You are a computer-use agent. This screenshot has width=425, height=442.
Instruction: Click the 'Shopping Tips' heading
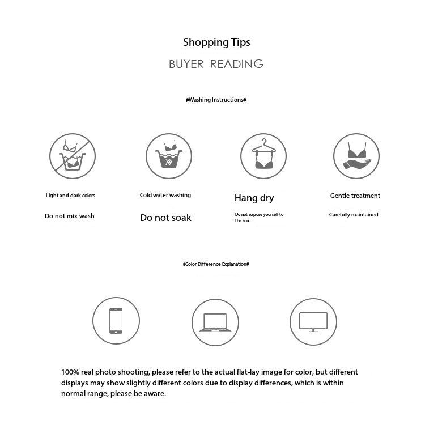click(x=216, y=42)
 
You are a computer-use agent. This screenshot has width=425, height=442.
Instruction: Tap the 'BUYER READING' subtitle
click(x=216, y=64)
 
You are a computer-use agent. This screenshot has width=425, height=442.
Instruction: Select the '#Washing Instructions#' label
click(x=216, y=100)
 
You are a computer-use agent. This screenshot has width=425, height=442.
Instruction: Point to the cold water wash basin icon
click(x=168, y=155)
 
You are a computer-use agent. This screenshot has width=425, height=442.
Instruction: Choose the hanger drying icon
click(x=263, y=155)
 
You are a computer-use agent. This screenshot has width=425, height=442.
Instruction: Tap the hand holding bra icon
click(x=356, y=155)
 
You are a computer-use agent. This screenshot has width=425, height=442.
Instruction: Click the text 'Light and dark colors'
click(x=70, y=195)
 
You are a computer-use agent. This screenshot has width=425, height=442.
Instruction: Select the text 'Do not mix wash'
click(x=70, y=216)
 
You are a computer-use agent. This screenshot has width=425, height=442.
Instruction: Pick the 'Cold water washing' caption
click(x=165, y=195)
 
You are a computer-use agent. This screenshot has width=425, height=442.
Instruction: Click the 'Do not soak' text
click(x=165, y=218)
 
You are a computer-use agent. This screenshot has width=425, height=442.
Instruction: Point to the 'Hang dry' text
click(x=254, y=198)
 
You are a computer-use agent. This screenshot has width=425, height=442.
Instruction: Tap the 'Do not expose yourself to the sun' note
click(x=258, y=217)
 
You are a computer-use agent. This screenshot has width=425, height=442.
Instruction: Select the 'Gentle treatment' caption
click(x=355, y=195)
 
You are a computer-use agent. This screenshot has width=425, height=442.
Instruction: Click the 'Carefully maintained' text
click(x=354, y=215)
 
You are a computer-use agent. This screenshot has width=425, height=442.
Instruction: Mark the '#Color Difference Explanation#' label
click(x=216, y=264)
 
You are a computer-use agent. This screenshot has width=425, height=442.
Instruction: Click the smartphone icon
click(x=116, y=321)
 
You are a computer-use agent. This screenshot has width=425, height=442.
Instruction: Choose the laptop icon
click(x=215, y=321)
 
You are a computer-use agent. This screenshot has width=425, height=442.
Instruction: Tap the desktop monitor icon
click(x=313, y=321)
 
